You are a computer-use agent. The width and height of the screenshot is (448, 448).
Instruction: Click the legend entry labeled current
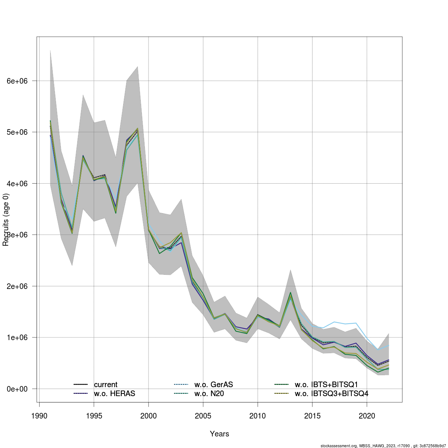[x=106, y=385]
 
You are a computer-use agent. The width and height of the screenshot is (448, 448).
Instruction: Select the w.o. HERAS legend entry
[x=114, y=393]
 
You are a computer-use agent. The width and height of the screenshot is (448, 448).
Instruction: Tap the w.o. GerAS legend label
[x=214, y=385]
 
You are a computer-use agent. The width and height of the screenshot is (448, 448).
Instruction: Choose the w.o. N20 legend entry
[x=209, y=393]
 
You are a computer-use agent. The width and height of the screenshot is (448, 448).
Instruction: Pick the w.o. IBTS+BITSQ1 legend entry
[x=326, y=385]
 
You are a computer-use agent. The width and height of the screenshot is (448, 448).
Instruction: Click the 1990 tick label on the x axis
[x=39, y=416]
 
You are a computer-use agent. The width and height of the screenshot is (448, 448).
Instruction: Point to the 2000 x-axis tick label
[x=149, y=416]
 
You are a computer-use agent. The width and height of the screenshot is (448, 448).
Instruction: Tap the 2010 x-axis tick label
[x=258, y=416]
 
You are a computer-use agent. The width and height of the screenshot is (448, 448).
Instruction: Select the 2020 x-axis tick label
[x=367, y=416]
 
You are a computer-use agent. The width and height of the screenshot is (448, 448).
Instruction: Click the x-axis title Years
[x=220, y=434]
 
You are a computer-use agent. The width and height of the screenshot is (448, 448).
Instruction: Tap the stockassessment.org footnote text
[x=383, y=445]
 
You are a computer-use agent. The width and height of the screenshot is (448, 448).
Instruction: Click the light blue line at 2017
[x=334, y=322]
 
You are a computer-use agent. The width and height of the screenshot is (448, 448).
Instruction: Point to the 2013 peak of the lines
[x=290, y=293]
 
